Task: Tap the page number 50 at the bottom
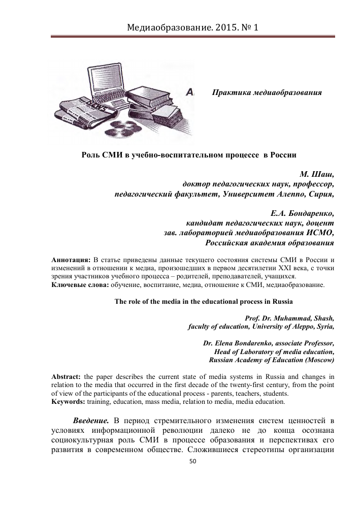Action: click(192, 462)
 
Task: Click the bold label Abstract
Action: click(66, 377)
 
